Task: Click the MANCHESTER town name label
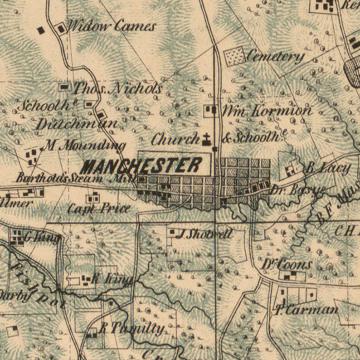[x=143, y=166]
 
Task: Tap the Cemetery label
[x=275, y=57]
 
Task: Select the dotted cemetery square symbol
[x=234, y=56]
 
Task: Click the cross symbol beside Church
[x=207, y=139]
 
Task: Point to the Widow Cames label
[x=112, y=27]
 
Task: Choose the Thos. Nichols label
[x=117, y=88]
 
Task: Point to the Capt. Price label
[x=99, y=208]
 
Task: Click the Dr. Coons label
[x=287, y=264]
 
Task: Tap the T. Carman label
[x=306, y=310]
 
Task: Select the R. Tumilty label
[x=131, y=328]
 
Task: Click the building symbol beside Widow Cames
[x=61, y=29]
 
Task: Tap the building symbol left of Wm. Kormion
[x=210, y=110]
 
